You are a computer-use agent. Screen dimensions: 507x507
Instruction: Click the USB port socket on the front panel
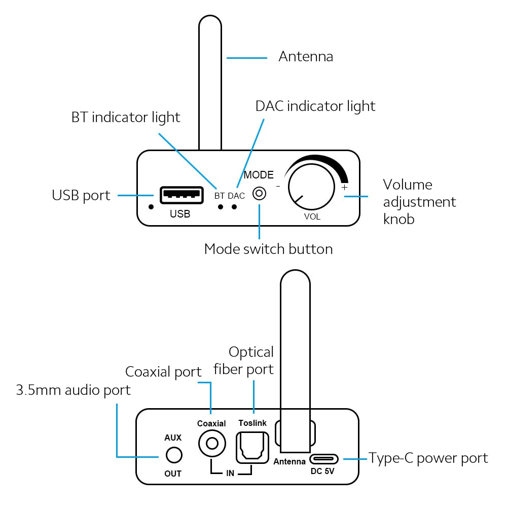[182, 195]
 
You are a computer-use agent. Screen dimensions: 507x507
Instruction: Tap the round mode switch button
[259, 194]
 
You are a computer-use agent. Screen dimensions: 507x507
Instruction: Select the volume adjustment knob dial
[311, 187]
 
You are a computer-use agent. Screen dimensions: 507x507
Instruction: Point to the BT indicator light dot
[221, 207]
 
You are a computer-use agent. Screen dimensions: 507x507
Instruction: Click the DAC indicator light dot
[234, 207]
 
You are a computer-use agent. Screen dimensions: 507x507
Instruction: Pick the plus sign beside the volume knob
[345, 187]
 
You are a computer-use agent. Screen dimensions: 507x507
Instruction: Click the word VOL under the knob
[312, 216]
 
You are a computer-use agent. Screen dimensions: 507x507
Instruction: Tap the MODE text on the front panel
[259, 175]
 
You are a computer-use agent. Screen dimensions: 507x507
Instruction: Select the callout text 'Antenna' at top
[306, 57]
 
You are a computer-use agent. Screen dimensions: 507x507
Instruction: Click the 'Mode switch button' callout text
[268, 249]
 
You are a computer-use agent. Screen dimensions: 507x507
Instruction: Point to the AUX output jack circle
[174, 455]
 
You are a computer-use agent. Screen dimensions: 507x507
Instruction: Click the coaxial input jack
[212, 443]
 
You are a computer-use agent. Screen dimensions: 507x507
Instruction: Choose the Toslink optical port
[252, 448]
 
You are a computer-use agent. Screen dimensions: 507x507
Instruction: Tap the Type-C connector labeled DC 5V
[323, 459]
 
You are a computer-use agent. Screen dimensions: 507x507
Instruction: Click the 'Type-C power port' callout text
[428, 458]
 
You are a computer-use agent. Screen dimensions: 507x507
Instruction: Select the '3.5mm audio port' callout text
[74, 390]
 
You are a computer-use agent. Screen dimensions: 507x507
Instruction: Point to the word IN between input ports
[230, 474]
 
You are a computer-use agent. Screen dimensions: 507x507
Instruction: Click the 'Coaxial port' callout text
[163, 372]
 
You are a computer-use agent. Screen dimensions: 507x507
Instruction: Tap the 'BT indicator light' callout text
[126, 118]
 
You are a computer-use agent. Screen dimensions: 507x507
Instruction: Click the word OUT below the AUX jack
[173, 474]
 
